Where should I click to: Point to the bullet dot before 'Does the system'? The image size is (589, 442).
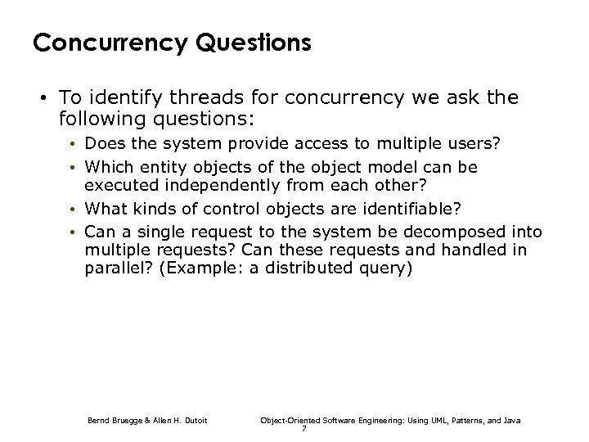tap(74, 144)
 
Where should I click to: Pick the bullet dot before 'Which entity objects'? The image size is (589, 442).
tap(74, 167)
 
